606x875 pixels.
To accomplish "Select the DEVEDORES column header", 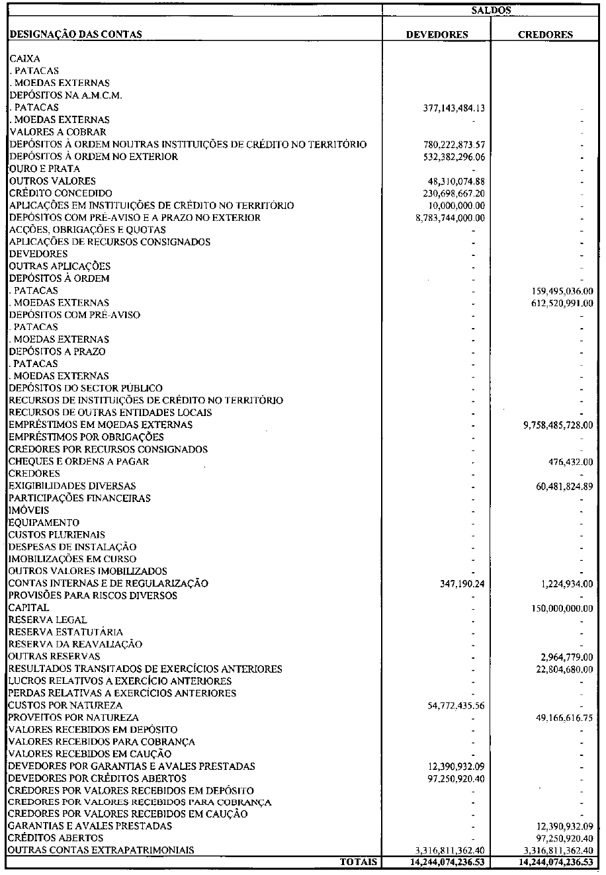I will (437, 34).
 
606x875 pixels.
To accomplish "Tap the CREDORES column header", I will (545, 34).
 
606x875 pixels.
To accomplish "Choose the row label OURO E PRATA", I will (45, 169).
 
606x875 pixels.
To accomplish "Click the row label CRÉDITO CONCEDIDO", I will (56, 193).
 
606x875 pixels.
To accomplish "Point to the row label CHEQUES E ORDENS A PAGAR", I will (79, 461).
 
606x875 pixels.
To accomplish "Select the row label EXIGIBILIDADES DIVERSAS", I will (72, 486).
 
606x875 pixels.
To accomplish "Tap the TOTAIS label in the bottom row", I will (358, 862).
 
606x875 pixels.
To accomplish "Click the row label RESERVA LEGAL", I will (48, 620).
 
